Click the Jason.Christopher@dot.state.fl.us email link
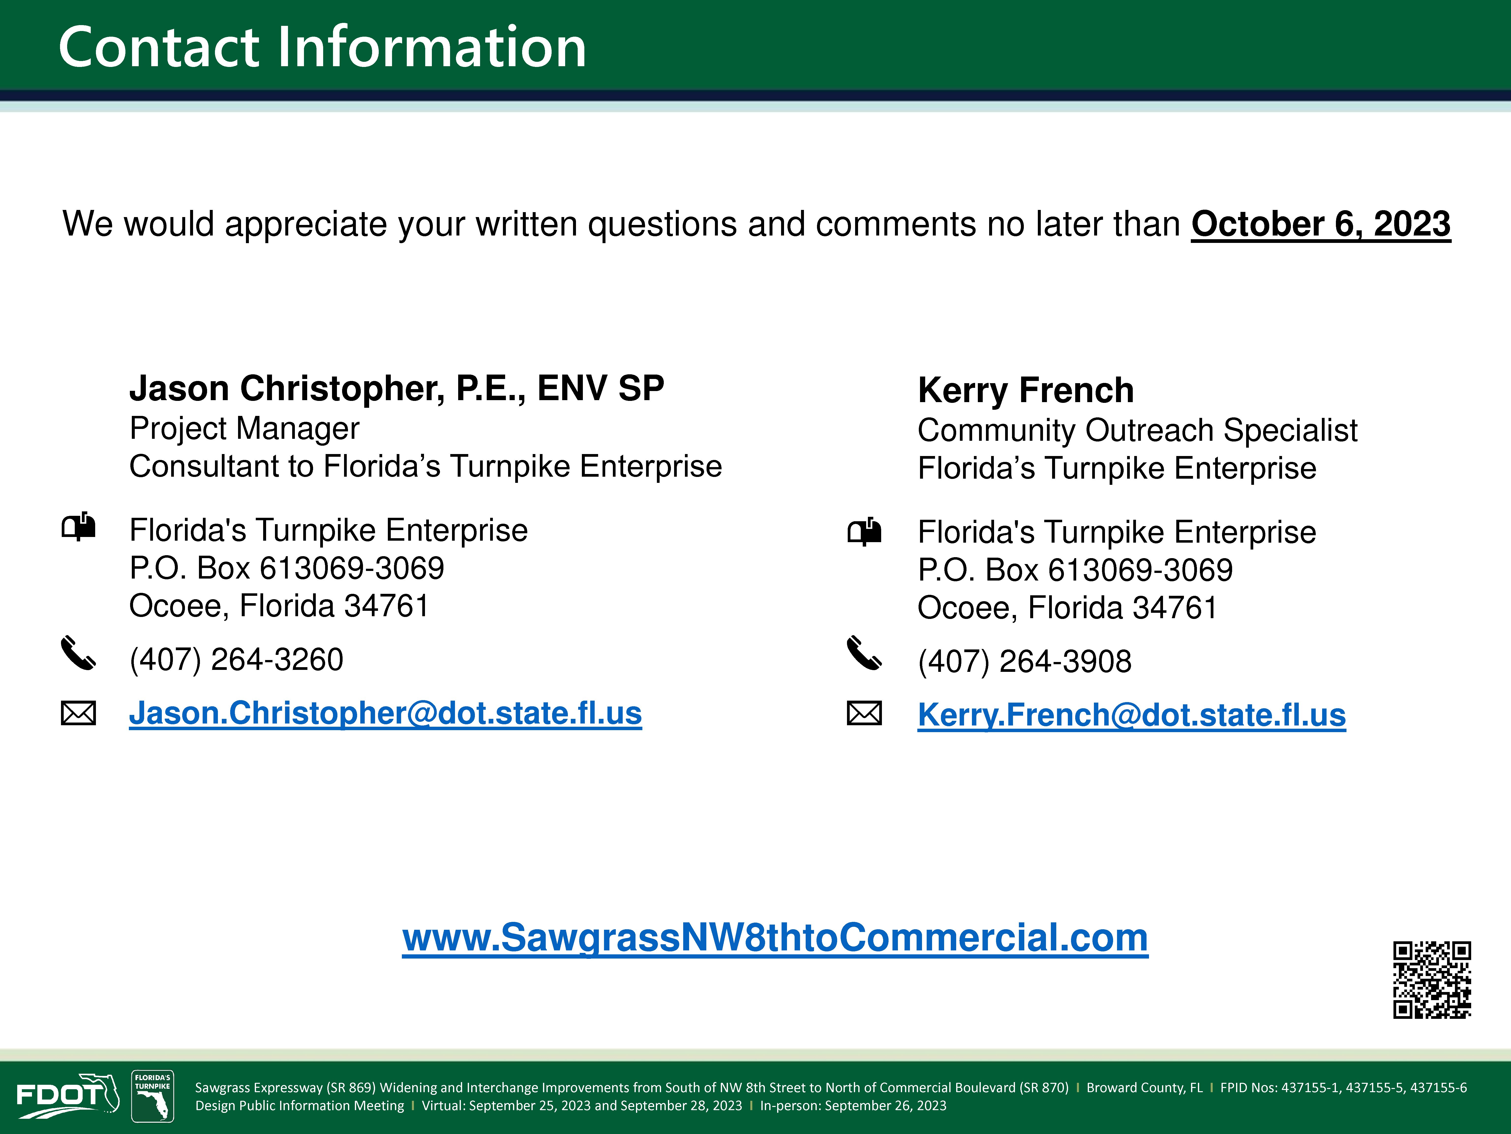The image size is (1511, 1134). coord(385,714)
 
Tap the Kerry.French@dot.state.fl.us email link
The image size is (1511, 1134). coord(1131,716)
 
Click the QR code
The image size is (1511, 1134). coord(1432,979)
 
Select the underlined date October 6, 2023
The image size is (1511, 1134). coord(1321,224)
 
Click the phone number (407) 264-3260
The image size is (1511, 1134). coord(236,660)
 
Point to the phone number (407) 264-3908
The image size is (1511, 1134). coord(1025,662)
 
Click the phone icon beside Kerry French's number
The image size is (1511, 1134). coord(864,653)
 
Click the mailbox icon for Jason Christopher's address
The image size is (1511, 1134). coord(78,526)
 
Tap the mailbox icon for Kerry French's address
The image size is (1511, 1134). coord(864,531)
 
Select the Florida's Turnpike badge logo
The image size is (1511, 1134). coord(152,1096)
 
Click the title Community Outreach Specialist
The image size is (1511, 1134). coord(1137,431)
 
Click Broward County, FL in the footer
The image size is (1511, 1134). coord(1144,1087)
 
